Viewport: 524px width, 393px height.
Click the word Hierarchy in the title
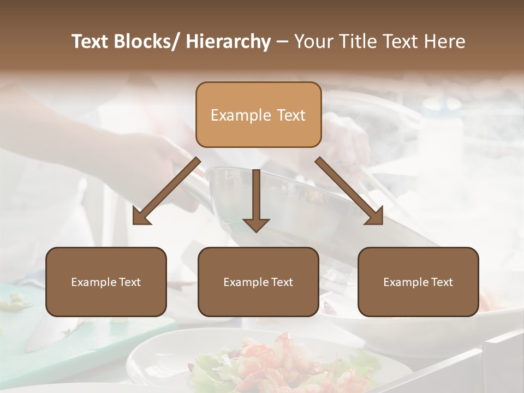[x=228, y=41]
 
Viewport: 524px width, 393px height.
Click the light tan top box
[x=258, y=115]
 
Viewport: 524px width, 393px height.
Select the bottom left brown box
[x=106, y=282]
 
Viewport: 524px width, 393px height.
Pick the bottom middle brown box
[x=258, y=282]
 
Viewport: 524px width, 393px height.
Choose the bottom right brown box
[x=418, y=282]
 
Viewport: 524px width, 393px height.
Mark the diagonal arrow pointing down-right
[x=349, y=191]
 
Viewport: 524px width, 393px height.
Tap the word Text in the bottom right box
[x=442, y=282]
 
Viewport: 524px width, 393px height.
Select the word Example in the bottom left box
[x=93, y=282]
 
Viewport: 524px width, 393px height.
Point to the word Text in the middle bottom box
[x=282, y=282]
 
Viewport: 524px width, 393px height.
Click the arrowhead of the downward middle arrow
[x=256, y=224]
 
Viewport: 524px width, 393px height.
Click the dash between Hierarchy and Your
[x=282, y=42]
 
